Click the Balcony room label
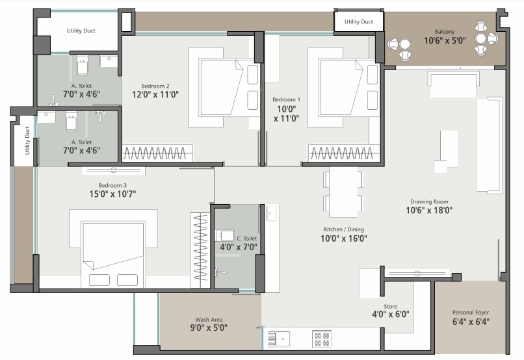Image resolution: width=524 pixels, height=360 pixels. coord(445,32)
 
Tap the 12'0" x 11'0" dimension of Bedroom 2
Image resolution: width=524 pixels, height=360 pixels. coord(155,94)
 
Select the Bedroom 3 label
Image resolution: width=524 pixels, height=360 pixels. coord(112,185)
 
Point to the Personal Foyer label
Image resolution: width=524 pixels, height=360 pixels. coord(471,313)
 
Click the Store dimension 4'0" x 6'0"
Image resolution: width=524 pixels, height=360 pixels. coord(391,315)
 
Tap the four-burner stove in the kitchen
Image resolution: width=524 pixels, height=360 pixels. coord(321,339)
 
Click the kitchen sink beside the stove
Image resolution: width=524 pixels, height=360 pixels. coord(280,339)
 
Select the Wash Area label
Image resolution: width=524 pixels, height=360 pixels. coord(209,320)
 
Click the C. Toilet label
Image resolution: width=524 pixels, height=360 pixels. coord(247,238)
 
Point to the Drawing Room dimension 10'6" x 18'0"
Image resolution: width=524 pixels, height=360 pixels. coord(429,211)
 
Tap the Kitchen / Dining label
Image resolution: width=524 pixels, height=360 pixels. coord(343,229)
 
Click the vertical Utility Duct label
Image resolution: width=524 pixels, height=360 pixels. coord(27,140)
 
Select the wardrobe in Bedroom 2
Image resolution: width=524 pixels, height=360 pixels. coord(157,153)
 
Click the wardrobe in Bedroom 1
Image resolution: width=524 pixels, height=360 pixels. coord(344,153)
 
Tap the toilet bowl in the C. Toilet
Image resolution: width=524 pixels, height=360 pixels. coord(224,235)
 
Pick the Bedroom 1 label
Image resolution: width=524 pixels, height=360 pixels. coord(287,99)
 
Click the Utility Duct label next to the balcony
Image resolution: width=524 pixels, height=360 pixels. coord(359,21)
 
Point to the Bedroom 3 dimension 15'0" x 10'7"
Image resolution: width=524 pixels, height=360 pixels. coord(112,194)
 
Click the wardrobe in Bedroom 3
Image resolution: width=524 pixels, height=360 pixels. coord(200,250)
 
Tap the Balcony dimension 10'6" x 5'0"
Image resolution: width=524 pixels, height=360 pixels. coord(445,41)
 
